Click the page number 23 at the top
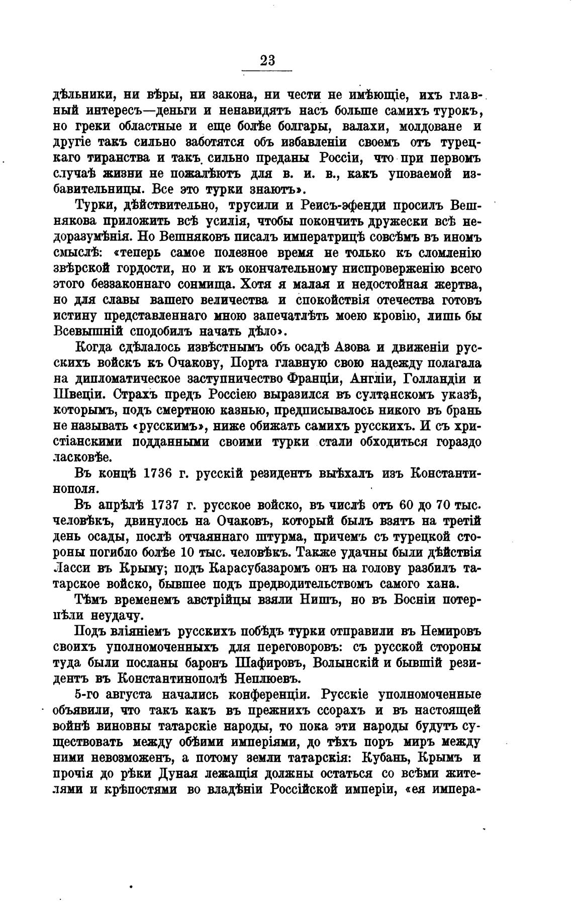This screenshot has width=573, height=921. pos(267,60)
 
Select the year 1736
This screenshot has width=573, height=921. pos(158,473)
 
